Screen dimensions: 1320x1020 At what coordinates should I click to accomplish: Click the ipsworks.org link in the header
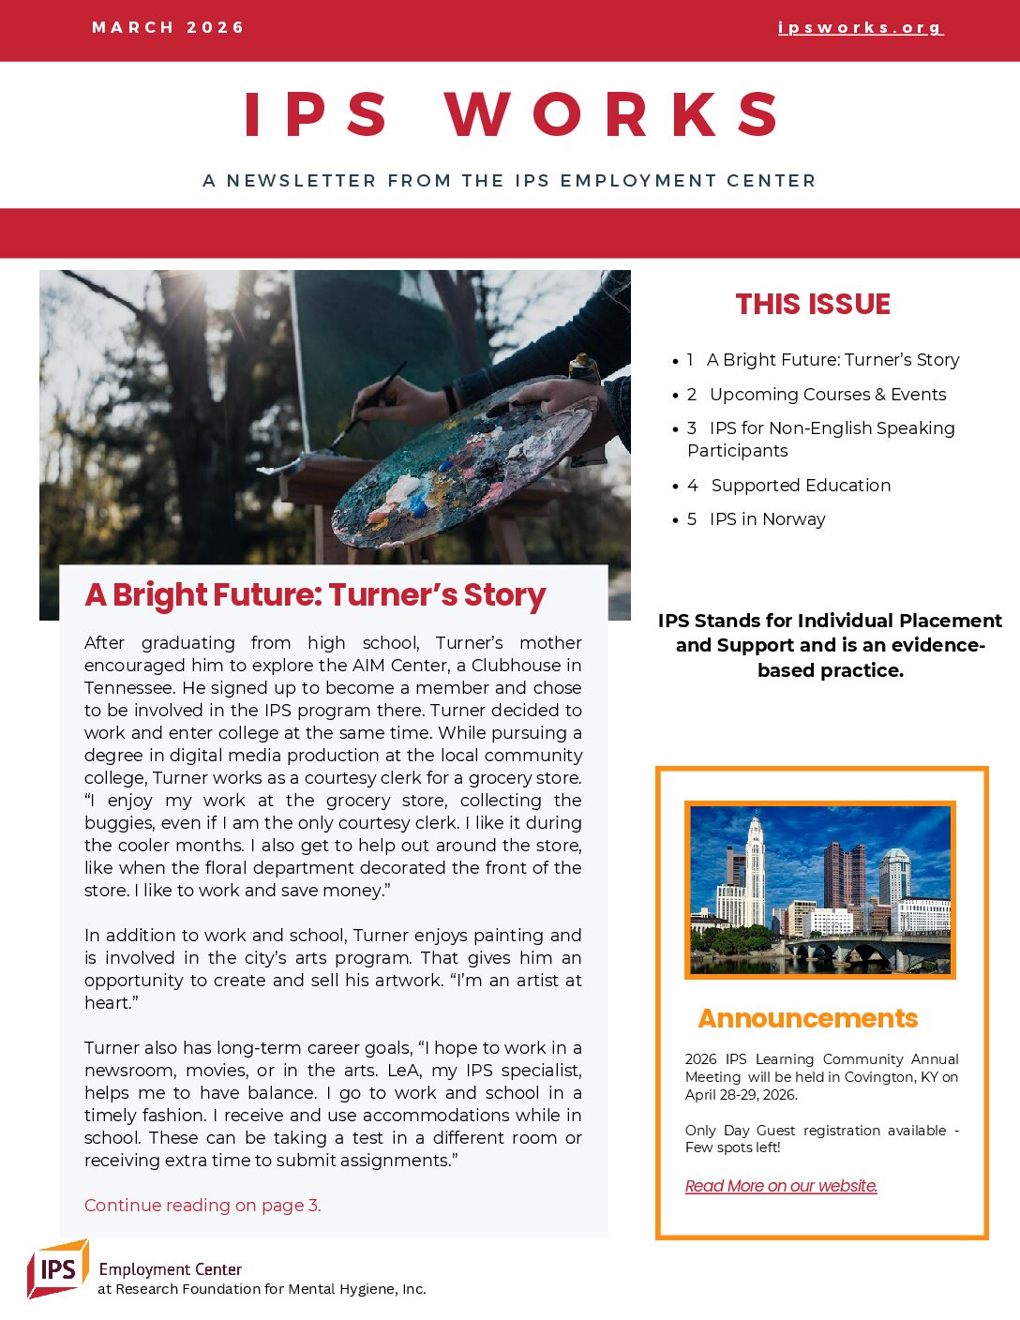click(x=860, y=28)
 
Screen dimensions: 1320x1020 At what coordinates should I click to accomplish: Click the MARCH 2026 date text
click(x=168, y=27)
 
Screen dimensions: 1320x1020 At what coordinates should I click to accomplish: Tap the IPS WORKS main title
click(x=511, y=115)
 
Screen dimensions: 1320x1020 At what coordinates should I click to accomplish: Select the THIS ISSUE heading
click(x=813, y=304)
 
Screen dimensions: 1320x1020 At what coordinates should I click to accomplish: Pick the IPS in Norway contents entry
click(x=767, y=519)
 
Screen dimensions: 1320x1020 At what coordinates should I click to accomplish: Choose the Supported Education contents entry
click(x=801, y=486)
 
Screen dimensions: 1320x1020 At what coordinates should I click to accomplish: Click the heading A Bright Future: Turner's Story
click(x=315, y=595)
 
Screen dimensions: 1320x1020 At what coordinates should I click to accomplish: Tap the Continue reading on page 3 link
click(x=202, y=1206)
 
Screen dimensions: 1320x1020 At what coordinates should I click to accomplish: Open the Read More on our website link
click(x=781, y=1186)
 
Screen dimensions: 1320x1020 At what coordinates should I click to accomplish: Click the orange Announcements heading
click(x=807, y=1019)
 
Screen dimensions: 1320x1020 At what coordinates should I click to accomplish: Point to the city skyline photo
click(x=820, y=890)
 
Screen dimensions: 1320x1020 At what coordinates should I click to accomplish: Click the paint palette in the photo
click(x=459, y=464)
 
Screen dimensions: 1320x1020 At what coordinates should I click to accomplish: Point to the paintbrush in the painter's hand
click(x=375, y=403)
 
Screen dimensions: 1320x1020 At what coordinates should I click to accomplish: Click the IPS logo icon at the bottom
click(x=58, y=1268)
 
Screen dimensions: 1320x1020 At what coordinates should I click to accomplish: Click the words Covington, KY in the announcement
click(x=891, y=1077)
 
